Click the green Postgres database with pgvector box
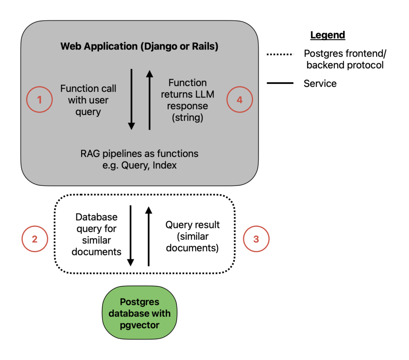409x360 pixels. [x=139, y=313]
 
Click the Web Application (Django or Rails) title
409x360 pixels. [x=139, y=46]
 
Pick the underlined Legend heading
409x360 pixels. [x=328, y=35]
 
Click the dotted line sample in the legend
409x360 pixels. [x=280, y=54]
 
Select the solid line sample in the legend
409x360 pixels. [x=280, y=83]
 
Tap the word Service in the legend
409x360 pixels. [x=320, y=83]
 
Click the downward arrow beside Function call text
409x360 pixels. [x=131, y=99]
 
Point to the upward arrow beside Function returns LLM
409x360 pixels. [x=149, y=100]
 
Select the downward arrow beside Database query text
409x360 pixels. [x=131, y=235]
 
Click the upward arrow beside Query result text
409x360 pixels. [x=149, y=236]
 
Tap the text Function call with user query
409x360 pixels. [x=88, y=100]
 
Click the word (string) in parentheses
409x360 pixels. [x=188, y=117]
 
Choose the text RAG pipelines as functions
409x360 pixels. [x=139, y=154]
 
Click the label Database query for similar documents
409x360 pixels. [x=97, y=234]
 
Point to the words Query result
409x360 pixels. [x=193, y=225]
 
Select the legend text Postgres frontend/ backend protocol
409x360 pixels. [x=345, y=59]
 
